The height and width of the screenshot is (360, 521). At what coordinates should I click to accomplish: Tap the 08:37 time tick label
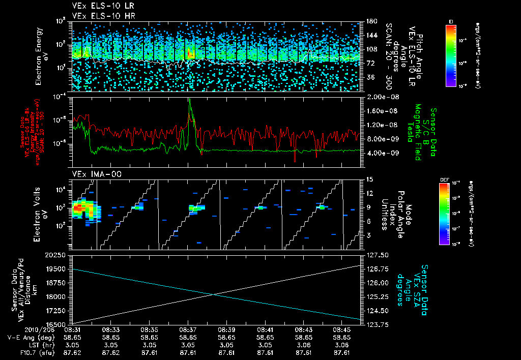tap(188, 329)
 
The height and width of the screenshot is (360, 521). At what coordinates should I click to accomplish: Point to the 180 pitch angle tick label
tap(371, 21)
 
